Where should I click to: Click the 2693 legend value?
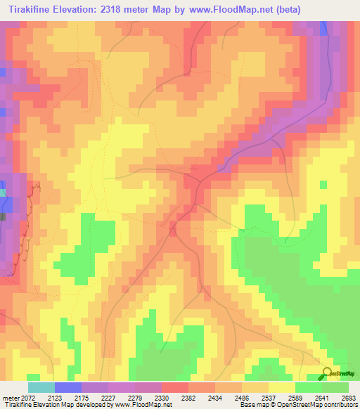tap(349, 397)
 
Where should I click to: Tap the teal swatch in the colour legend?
tap(41, 387)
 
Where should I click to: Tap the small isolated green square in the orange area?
tap(323, 185)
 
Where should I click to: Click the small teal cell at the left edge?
tap(2, 193)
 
